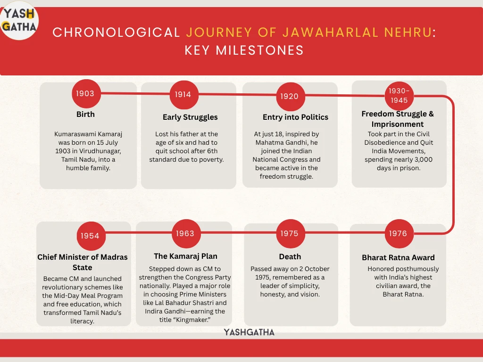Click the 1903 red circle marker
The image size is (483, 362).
[85, 93]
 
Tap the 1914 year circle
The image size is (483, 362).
[183, 94]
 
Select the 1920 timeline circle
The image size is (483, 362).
[289, 96]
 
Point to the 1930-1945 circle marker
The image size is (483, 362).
[399, 96]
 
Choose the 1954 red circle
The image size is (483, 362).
[90, 236]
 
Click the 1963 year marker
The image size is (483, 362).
[185, 233]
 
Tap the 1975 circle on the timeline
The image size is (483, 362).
[290, 233]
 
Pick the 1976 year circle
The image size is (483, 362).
[398, 233]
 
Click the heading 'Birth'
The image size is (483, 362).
[85, 114]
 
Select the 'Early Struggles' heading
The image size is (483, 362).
[190, 117]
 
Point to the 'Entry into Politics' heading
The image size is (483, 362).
[295, 117]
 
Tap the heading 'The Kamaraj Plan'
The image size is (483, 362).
[185, 256]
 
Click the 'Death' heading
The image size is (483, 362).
[290, 256]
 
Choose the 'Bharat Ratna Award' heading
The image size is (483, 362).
[398, 257]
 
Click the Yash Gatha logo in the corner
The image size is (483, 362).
[19, 20]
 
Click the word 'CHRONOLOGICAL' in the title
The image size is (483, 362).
[117, 33]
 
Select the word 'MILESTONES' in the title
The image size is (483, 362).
[267, 50]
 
